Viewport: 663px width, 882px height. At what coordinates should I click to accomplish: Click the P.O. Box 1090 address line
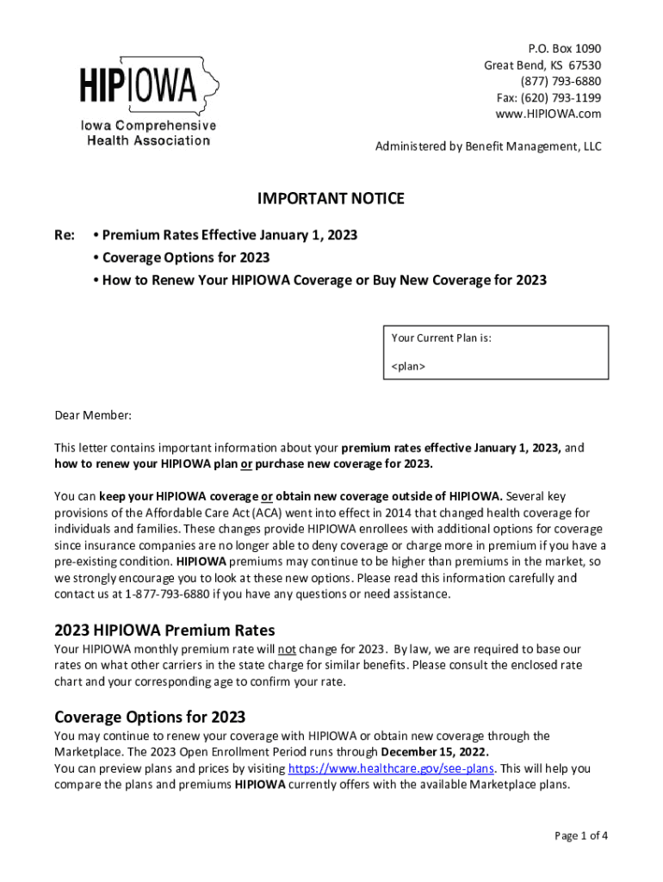[x=564, y=48]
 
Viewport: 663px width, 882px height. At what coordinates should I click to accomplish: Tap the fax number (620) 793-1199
[x=549, y=97]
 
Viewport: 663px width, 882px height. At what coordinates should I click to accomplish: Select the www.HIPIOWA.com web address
[x=548, y=114]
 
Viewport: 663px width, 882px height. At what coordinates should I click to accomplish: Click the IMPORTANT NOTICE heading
[x=331, y=200]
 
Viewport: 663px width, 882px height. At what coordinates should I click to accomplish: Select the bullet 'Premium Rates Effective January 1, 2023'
[x=225, y=235]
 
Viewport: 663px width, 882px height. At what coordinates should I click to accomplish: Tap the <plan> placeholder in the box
[x=408, y=367]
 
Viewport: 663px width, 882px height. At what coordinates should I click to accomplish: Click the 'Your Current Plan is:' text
[x=441, y=339]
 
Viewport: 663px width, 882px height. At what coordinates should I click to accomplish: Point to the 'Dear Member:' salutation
[x=93, y=416]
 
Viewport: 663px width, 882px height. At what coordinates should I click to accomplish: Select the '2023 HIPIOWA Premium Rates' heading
[x=164, y=630]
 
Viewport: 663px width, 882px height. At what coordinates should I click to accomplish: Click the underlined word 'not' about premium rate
[x=286, y=649]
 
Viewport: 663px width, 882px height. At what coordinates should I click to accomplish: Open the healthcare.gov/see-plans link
[x=391, y=768]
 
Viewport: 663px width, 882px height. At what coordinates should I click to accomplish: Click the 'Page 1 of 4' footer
[x=581, y=835]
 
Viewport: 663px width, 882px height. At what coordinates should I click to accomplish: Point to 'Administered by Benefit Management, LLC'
[x=488, y=146]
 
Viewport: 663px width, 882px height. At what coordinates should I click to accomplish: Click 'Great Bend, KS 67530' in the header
[x=542, y=65]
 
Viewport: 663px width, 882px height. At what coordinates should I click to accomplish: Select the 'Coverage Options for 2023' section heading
[x=150, y=717]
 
